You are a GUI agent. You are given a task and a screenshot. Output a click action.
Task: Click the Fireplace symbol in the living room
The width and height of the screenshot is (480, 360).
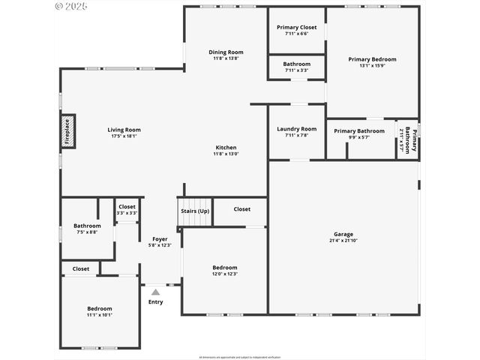click(x=67, y=131)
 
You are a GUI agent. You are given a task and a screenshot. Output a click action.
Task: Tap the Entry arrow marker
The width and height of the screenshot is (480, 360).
click(x=155, y=292)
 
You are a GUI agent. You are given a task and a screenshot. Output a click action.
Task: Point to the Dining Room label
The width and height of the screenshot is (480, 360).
click(x=226, y=52)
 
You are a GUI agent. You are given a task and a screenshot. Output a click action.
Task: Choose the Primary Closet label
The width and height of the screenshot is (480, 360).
click(x=296, y=27)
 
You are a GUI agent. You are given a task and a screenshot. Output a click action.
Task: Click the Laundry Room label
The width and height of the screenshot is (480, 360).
click(x=296, y=128)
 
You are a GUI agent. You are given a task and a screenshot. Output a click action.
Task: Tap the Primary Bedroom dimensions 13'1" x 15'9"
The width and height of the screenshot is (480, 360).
click(x=372, y=66)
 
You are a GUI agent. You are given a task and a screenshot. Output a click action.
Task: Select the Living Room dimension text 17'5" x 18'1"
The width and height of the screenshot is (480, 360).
click(x=124, y=136)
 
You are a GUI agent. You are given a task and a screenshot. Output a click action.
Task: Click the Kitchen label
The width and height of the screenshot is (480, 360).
click(x=226, y=148)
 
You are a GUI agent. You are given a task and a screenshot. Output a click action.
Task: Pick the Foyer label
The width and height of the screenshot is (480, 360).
click(x=160, y=238)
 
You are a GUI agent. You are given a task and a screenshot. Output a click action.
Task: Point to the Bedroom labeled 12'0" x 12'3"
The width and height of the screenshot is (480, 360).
click(x=224, y=268)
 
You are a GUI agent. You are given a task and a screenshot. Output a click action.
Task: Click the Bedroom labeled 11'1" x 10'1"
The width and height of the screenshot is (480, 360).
click(x=99, y=309)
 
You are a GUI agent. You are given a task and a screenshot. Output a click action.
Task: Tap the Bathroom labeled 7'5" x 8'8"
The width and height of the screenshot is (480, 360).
click(x=87, y=226)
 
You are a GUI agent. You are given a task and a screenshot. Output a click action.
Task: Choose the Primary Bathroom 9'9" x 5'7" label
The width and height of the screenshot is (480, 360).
click(x=359, y=131)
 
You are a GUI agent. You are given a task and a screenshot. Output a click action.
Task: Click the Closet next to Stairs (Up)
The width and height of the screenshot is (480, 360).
click(x=242, y=209)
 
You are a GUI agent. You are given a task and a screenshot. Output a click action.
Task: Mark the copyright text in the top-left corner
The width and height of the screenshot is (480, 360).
click(x=71, y=6)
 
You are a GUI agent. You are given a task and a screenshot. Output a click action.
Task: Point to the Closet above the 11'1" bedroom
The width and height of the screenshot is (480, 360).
click(x=80, y=268)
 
